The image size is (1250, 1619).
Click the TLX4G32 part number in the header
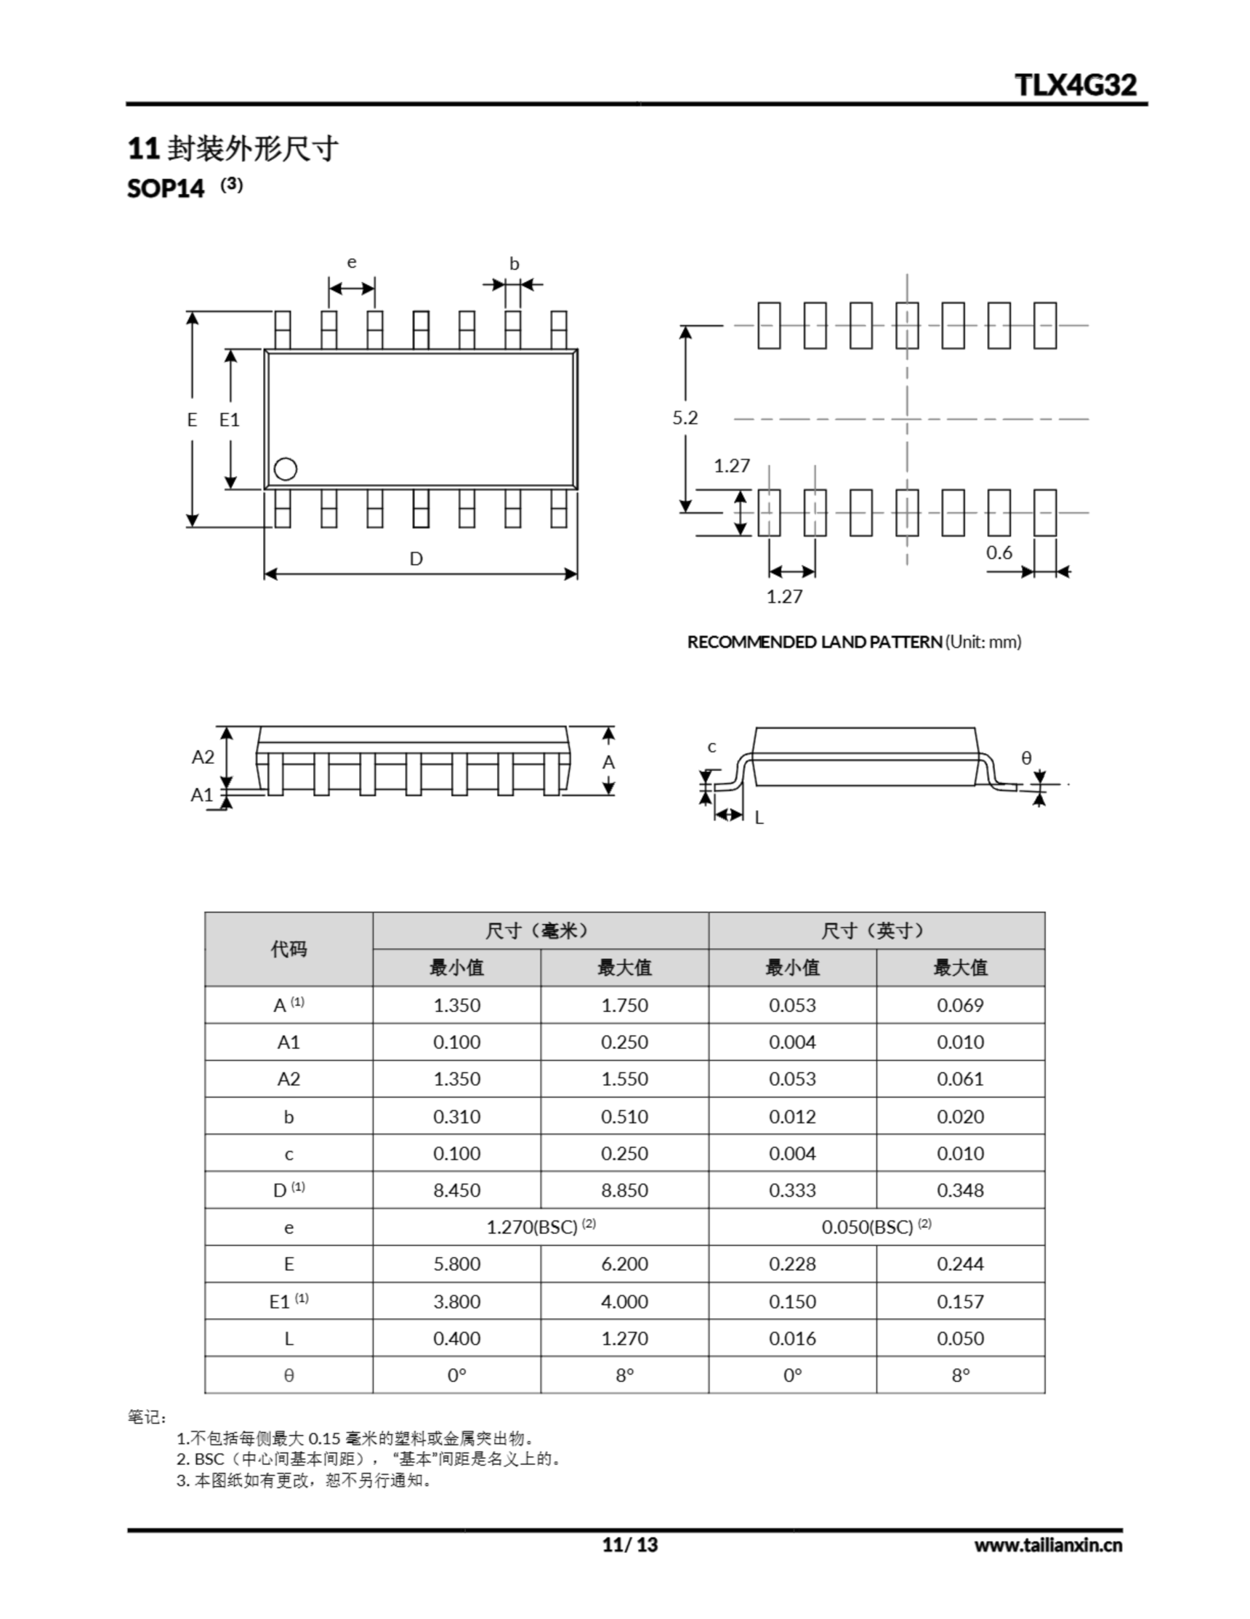[x=1075, y=85]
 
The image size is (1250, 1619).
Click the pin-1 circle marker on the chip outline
[x=285, y=469]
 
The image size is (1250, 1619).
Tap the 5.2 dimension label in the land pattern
[x=684, y=417]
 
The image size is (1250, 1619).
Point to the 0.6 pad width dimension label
[x=999, y=552]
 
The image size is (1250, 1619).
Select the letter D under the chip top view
[x=416, y=558]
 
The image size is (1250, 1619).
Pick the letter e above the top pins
[x=352, y=262]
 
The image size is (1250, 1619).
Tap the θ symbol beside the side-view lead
[x=1026, y=758]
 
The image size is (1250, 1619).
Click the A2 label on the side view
[x=203, y=756]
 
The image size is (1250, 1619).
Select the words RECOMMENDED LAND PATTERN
[x=815, y=642]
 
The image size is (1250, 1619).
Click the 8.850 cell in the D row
[x=624, y=1190]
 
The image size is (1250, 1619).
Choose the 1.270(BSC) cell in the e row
[x=532, y=1227]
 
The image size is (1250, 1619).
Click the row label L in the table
[x=289, y=1338]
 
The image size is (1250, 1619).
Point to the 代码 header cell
[x=289, y=949]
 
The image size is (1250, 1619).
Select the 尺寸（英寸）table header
[x=876, y=930]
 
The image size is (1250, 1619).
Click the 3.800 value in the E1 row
[x=456, y=1301]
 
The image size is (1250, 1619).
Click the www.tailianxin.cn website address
[x=1048, y=1545]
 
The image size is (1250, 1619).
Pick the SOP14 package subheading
[x=166, y=188]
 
